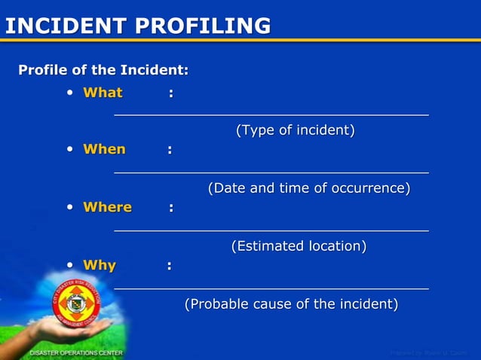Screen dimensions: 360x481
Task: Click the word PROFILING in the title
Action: pos(203,26)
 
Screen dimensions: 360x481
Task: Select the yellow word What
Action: pos(103,93)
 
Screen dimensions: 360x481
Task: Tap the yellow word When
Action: pos(104,149)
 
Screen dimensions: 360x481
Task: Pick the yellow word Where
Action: pos(107,207)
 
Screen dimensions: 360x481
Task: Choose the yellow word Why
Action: pos(100,265)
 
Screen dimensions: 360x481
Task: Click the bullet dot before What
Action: pos(69,93)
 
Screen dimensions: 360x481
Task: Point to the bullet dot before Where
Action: pos(69,207)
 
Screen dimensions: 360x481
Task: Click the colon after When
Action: pos(170,150)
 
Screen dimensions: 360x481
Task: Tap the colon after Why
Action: pos(170,266)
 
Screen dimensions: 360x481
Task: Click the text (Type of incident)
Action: pos(296,130)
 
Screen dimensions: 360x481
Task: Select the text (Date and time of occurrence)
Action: pos(309,188)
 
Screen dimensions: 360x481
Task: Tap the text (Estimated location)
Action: pos(299,246)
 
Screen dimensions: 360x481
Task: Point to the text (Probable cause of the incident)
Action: pos(291,304)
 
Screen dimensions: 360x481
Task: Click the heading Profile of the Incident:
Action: pos(103,71)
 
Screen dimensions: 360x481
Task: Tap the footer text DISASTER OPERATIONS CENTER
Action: pos(76,352)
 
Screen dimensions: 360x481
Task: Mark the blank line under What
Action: pos(271,114)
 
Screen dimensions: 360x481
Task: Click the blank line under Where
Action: pos(271,230)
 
